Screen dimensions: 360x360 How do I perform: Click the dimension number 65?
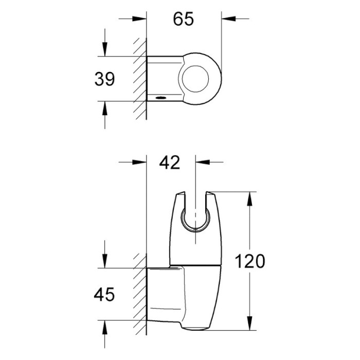pos(183,19)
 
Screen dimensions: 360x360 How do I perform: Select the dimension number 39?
pos(104,79)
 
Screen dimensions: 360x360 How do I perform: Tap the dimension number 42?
pos(169,163)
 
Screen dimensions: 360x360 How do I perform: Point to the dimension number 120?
pos(250,261)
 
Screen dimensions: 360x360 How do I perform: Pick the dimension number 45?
pos(104,294)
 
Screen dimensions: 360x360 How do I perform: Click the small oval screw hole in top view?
pos(160,98)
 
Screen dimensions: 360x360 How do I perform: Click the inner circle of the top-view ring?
pos(195,79)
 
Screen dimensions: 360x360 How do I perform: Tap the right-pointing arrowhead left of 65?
pos(139,19)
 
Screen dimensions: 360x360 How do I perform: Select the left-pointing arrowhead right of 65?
pos(228,19)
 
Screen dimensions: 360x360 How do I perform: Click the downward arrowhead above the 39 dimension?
pos(105,49)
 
